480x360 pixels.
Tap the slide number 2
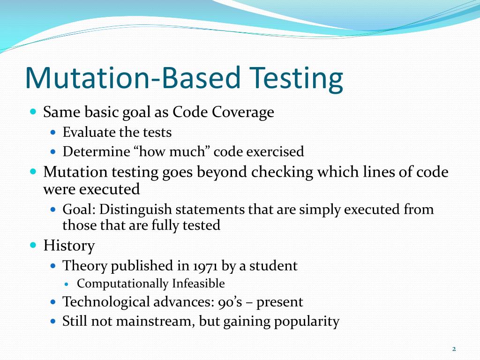point(454,349)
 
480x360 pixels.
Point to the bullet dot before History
point(33,245)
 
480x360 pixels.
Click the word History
point(69,246)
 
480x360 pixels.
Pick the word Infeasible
point(198,284)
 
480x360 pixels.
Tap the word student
point(273,266)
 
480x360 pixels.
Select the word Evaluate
point(89,133)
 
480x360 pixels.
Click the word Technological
point(106,302)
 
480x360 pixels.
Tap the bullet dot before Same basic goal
point(33,112)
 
